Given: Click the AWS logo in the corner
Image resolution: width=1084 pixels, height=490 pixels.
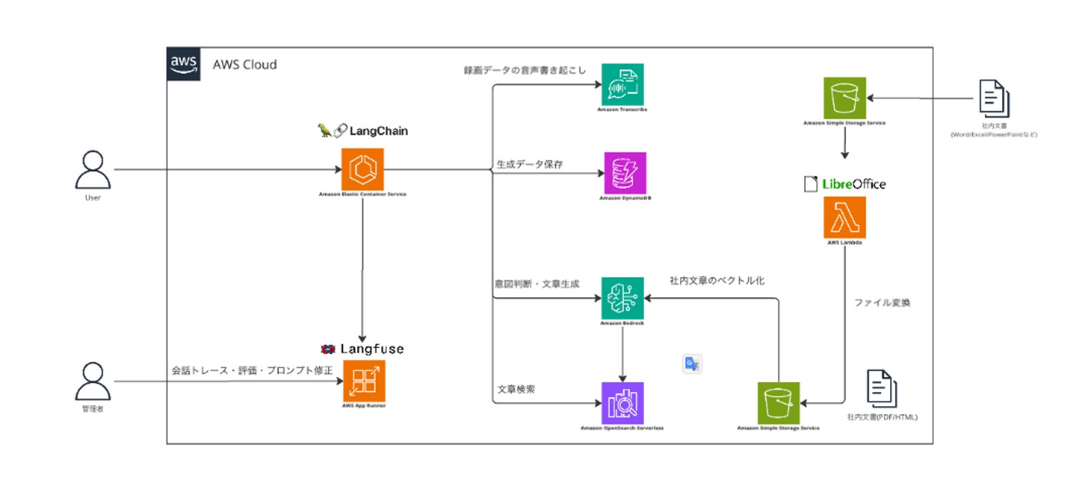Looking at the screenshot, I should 183,64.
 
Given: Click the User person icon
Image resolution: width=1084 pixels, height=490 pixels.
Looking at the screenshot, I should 93,170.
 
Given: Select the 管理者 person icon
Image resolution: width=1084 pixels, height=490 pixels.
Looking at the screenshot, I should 93,381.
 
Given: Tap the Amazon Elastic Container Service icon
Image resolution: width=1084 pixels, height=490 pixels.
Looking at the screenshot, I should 362,169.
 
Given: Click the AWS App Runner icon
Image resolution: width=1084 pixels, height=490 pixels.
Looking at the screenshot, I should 364,381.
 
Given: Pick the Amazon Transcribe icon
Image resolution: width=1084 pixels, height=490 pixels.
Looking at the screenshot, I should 622,85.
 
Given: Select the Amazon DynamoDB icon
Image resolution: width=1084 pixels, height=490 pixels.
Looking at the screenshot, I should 625,173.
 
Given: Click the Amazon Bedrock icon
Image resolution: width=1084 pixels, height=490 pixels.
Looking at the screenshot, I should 622,298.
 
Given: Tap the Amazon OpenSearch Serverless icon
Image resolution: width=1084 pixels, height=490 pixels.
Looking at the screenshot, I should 622,403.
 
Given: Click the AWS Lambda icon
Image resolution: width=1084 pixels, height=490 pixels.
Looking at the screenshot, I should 845,217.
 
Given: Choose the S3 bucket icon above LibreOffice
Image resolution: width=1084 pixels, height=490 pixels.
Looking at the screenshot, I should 845,98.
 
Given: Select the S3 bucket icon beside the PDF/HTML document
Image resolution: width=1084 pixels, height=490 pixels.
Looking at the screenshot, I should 778,403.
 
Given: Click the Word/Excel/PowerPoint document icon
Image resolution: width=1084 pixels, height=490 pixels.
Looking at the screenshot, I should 994,99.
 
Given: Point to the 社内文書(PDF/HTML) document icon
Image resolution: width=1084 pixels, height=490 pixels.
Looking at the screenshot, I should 881,388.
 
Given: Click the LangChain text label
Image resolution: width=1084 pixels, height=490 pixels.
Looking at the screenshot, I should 378,131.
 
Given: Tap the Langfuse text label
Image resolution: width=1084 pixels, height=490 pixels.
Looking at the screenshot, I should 372,349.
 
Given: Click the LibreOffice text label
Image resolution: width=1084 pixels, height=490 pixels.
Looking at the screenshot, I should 853,184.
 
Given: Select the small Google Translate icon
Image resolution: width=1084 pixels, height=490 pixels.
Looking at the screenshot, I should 692,364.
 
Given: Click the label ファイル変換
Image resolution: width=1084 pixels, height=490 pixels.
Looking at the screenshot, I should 882,303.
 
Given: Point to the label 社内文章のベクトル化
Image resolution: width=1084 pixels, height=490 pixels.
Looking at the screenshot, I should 716,281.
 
